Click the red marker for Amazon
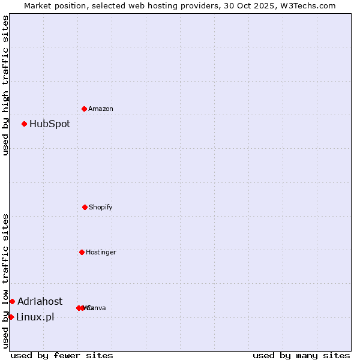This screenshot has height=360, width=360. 84,109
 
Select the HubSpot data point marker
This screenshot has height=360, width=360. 24,124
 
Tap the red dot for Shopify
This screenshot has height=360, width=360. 85,207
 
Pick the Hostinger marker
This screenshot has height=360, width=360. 82,252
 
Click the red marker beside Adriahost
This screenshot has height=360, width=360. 12,301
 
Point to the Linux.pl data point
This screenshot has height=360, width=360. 11,317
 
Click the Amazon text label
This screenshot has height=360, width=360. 101,109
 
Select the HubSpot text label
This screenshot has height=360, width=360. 50,124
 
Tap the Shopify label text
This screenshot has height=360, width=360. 101,208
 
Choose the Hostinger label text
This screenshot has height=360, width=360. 101,253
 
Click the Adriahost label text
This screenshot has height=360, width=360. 40,302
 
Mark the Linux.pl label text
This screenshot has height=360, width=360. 35,317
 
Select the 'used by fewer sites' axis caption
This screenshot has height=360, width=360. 62,355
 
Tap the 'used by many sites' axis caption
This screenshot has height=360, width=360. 301,355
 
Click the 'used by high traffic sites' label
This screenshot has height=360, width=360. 6,86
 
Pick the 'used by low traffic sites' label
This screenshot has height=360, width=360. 6,281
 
